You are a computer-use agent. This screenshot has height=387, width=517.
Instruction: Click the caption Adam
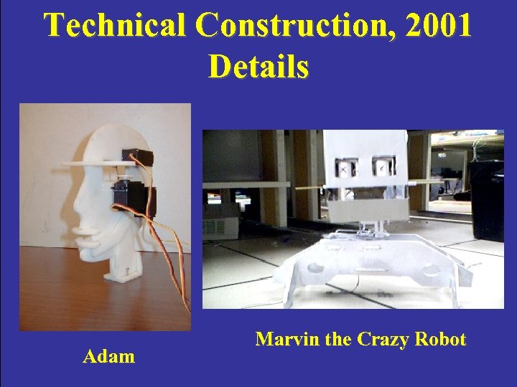pyautogui.click(x=109, y=355)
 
